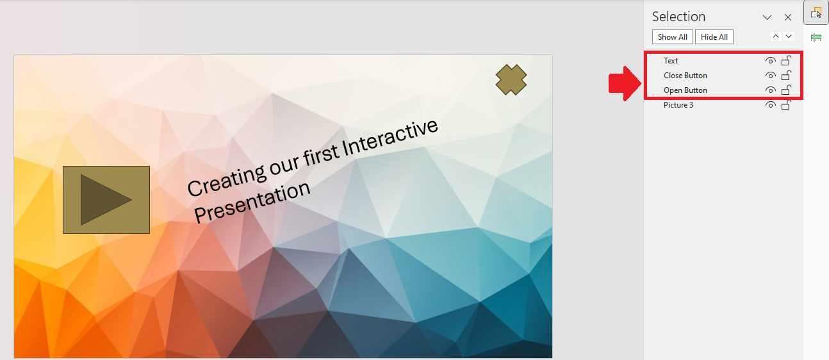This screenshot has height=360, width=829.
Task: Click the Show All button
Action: click(672, 37)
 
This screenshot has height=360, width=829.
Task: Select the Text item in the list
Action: click(671, 61)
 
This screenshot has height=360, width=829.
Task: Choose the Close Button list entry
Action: click(685, 76)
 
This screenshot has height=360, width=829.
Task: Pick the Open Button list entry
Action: click(685, 90)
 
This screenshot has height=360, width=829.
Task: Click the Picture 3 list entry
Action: click(678, 105)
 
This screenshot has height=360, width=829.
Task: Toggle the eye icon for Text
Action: click(770, 61)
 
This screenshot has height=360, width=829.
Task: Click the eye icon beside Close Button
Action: click(770, 76)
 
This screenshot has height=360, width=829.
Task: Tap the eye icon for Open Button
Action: click(770, 90)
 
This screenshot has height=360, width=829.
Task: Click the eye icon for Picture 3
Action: click(770, 105)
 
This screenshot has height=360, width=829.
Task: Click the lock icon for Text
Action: click(786, 61)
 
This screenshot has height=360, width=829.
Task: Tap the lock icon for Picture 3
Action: click(786, 105)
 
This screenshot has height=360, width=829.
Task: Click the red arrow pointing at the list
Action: click(623, 83)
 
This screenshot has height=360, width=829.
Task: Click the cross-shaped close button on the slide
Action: click(511, 79)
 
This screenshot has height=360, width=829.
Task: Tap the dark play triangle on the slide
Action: click(104, 200)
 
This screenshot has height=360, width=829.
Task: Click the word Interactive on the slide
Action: click(390, 138)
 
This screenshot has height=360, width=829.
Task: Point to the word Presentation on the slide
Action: click(252, 201)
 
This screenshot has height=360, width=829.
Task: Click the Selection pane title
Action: click(678, 17)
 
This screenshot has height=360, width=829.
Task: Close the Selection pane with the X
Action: click(788, 17)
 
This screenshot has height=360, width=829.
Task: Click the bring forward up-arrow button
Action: click(776, 37)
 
